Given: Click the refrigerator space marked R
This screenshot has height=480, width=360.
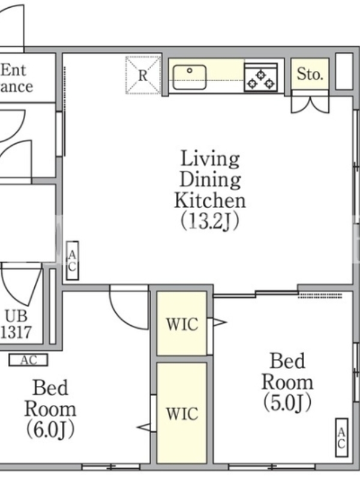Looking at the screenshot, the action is [143, 76].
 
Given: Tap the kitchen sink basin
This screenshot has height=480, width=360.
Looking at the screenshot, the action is [190, 77].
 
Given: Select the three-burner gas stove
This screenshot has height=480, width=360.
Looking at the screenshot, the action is [261, 77].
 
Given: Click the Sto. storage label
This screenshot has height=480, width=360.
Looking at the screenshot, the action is [310, 74].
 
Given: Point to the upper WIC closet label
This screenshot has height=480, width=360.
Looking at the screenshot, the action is [182, 325].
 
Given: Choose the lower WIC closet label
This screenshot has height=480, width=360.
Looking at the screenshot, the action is [182, 414].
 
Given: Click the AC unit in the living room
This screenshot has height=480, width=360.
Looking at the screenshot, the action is [72, 261].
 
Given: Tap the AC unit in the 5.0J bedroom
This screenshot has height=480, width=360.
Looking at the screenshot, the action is [341, 437].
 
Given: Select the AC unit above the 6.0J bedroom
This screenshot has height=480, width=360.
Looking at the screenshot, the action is [28, 360].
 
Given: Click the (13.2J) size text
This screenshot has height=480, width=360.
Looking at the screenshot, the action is [210, 221].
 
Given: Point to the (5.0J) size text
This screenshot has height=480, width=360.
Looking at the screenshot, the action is [288, 402].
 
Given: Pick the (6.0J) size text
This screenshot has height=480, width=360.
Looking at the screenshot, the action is [50, 430].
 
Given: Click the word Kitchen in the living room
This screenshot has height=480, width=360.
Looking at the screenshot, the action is [210, 200].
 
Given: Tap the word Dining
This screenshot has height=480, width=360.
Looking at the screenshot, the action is [211, 179].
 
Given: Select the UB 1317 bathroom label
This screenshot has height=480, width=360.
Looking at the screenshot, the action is [16, 324].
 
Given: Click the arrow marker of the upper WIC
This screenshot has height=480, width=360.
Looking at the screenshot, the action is [220, 322].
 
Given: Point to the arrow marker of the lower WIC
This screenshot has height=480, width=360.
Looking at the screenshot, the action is [143, 427].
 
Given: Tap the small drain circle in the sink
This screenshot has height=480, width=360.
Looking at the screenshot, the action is [190, 71].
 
